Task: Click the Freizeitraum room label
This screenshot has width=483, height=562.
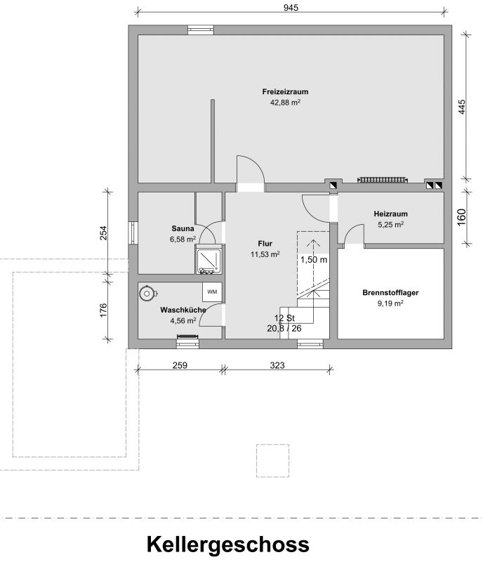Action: click(285, 92)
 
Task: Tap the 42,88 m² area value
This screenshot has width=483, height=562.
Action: click(285, 103)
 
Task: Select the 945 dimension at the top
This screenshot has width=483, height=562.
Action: click(291, 8)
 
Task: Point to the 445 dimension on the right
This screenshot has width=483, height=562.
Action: click(462, 107)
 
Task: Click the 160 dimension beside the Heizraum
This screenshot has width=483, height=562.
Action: click(461, 217)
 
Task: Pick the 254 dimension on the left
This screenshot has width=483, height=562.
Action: click(103, 233)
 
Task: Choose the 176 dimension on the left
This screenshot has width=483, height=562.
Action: click(103, 310)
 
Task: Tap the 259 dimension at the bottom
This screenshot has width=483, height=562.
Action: click(180, 365)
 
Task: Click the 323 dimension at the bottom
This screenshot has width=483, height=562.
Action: click(277, 365)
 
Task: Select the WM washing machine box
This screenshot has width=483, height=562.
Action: click(212, 292)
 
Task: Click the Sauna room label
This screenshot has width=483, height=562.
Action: click(183, 228)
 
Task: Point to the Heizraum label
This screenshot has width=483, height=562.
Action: click(390, 214)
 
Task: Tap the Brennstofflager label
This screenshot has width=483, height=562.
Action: click(390, 292)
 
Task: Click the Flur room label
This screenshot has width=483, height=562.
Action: click(265, 243)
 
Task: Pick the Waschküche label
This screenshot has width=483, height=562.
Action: click(183, 310)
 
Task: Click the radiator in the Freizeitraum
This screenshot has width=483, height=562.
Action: click(383, 180)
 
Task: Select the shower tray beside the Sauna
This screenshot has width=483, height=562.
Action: click(209, 260)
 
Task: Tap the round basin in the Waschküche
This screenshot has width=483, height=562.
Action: click(147, 294)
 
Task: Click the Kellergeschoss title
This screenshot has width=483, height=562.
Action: click(228, 544)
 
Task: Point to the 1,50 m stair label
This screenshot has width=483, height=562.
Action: click(314, 259)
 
